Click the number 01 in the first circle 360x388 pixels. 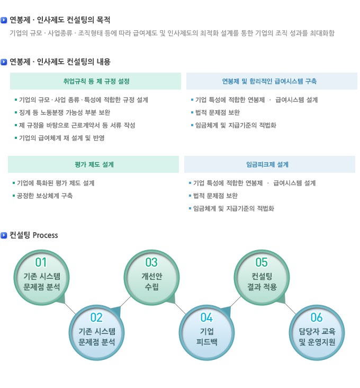[41, 262]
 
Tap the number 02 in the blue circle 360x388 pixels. [96, 318]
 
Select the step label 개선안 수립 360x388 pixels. [152, 281]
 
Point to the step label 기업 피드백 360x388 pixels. [207, 337]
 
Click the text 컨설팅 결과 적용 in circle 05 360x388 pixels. [262, 281]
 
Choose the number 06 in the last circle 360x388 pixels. [317, 318]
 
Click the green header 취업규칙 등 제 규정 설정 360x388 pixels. [96, 81]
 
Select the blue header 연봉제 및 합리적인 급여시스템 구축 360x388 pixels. [269, 81]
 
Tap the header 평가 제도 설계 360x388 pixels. [94, 164]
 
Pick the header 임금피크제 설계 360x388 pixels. [267, 164]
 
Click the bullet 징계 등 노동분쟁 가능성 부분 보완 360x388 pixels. [65, 112]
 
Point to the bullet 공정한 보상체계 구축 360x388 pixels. [44, 196]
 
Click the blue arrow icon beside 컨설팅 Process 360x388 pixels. [4, 235]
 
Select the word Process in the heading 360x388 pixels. [45, 235]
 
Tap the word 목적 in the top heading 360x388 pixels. [103, 20]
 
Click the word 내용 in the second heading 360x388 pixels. [103, 61]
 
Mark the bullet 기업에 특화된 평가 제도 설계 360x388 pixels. [56, 183]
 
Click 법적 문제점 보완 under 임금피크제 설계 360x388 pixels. [215, 196]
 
